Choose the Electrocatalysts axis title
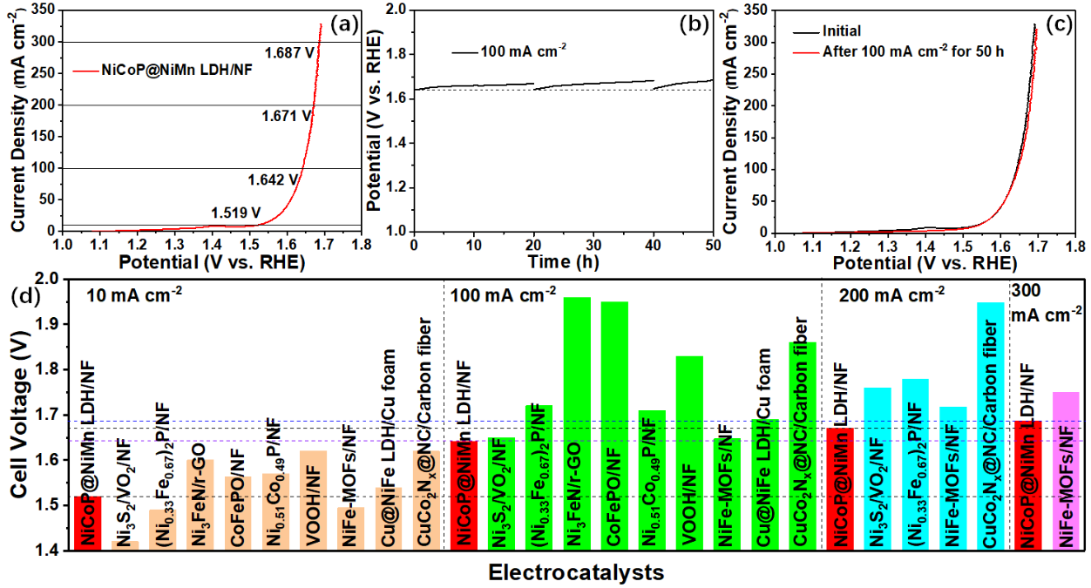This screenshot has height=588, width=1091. [x=576, y=572]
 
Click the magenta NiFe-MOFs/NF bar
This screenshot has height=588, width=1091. [x=1066, y=470]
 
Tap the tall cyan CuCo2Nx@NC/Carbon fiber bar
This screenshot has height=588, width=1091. [x=990, y=426]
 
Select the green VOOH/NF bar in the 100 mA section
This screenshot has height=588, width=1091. [x=689, y=453]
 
